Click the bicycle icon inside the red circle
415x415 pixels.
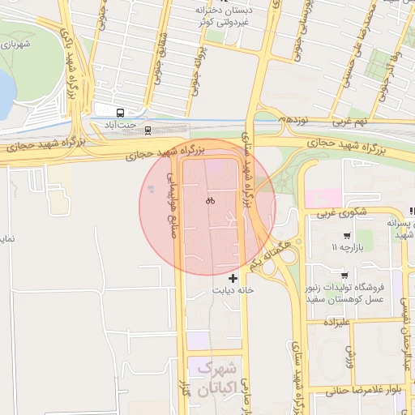210,200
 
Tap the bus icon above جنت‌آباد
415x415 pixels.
120,113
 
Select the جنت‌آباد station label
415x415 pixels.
120,125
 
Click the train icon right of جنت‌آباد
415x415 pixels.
147,129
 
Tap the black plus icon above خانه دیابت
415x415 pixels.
233,278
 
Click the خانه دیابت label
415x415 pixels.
233,289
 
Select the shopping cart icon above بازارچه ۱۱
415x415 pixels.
346,236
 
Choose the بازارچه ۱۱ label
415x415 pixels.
344,247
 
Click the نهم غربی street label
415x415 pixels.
350,121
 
